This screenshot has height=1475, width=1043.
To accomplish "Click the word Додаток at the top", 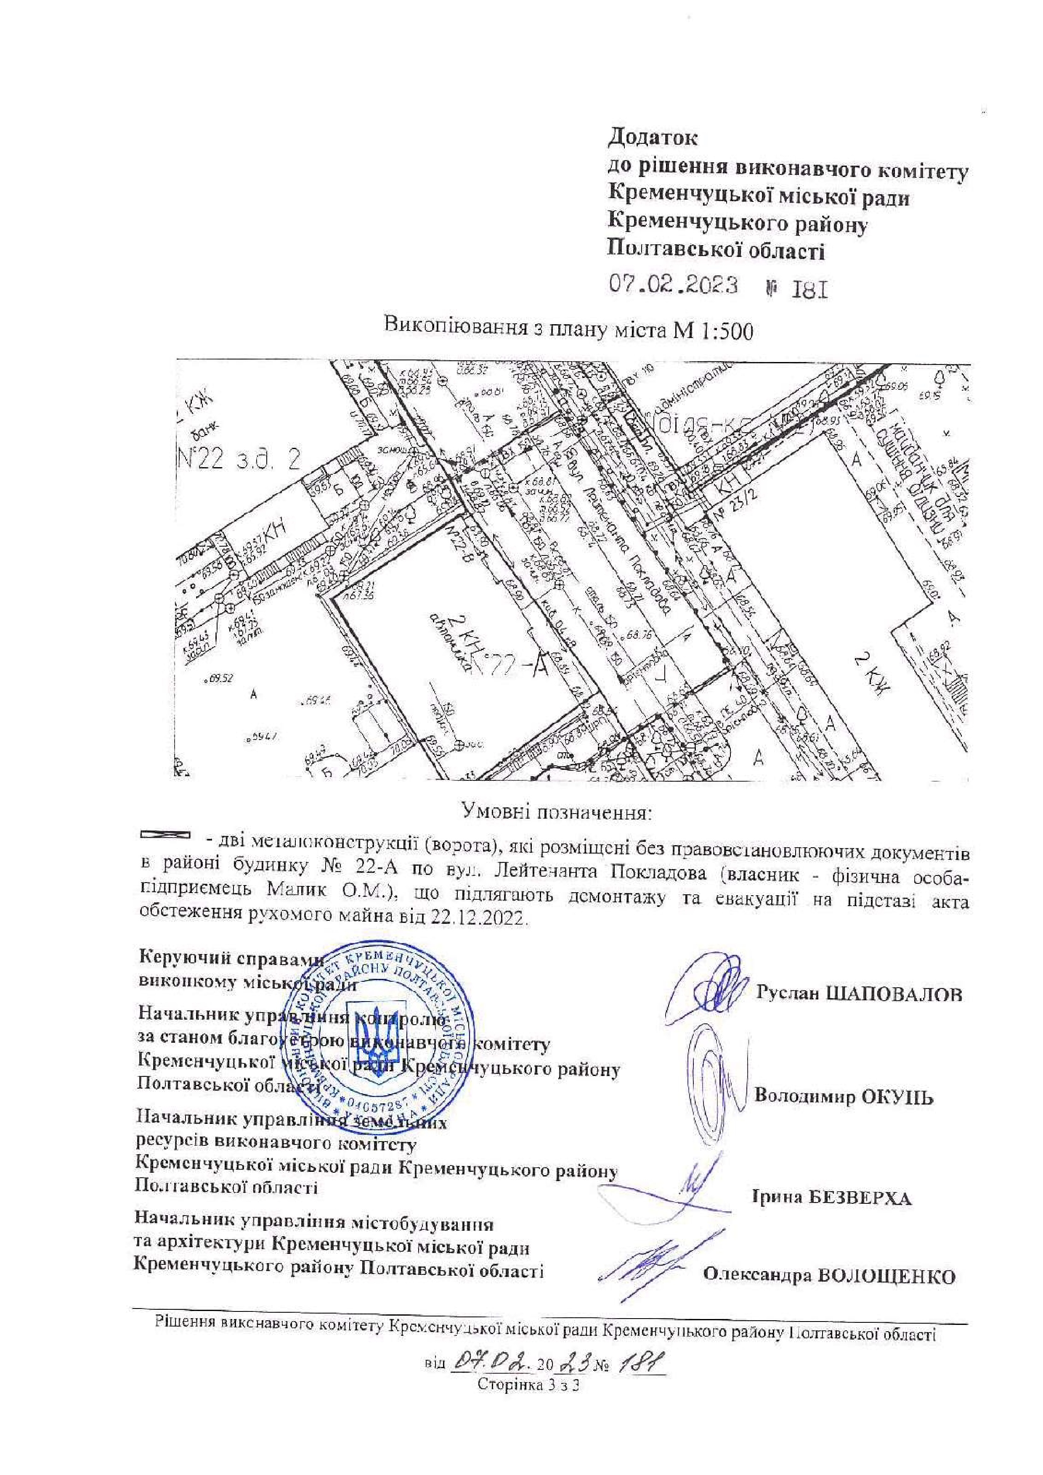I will click(x=653, y=137).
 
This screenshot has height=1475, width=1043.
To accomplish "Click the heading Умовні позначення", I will click(x=558, y=813).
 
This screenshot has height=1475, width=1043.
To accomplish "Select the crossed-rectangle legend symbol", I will click(x=166, y=835).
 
